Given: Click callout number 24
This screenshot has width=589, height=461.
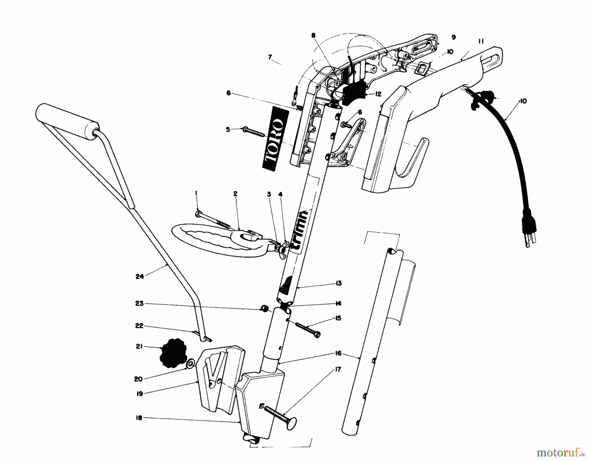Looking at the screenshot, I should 140,277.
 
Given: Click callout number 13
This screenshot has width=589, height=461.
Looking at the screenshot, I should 338,283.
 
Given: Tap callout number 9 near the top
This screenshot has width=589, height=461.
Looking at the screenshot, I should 453,37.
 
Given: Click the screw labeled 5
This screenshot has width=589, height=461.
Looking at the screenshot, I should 254,132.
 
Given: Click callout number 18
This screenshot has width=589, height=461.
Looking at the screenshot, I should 139,418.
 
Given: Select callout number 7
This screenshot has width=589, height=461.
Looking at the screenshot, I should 270,57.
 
